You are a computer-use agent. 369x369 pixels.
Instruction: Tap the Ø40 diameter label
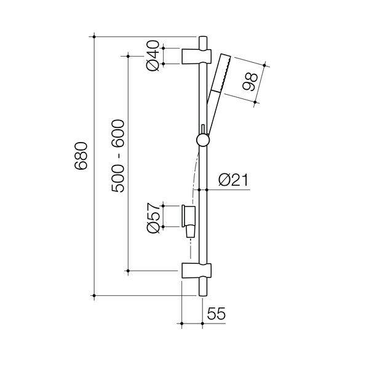(x=153, y=56)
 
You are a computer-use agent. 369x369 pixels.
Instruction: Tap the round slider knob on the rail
(x=202, y=140)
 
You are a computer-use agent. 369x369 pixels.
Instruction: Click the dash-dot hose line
(x=196, y=172)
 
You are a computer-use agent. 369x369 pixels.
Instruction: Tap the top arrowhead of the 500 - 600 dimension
(x=128, y=56)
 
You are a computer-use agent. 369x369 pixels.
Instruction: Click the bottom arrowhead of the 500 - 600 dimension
(x=128, y=270)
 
